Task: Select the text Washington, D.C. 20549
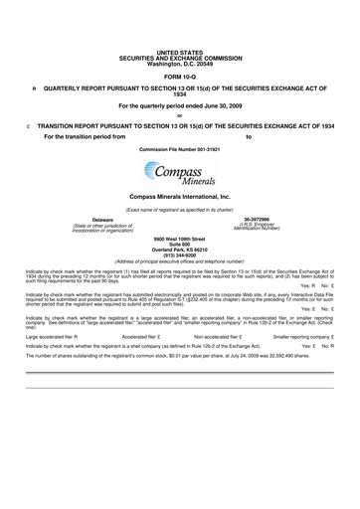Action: pos(180,63)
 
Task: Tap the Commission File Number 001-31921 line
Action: pos(180,148)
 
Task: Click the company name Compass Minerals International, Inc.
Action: pos(180,198)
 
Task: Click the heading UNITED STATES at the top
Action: pos(180,50)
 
